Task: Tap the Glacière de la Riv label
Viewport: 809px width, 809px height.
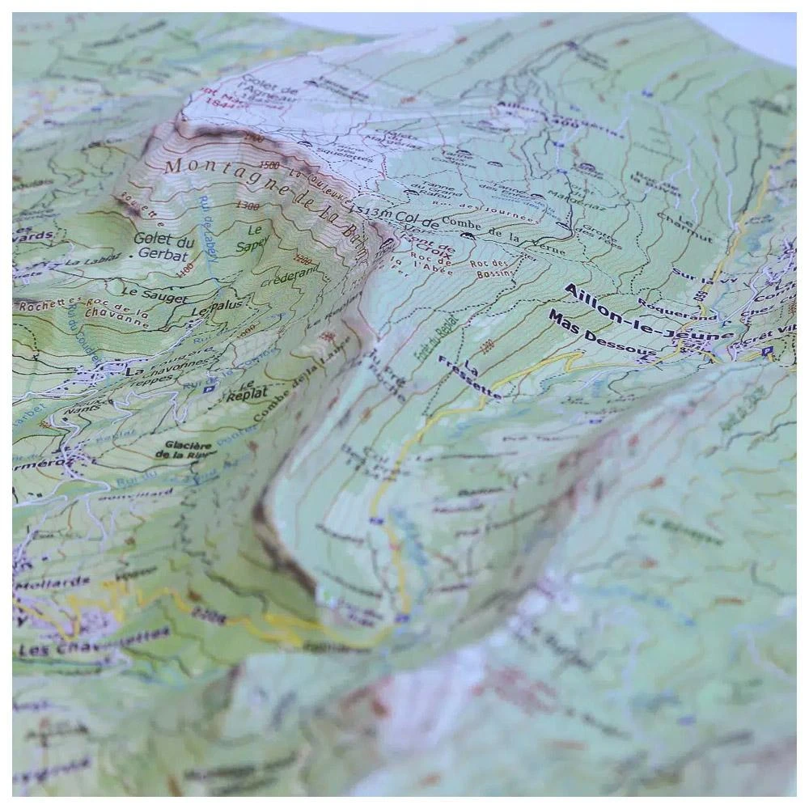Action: [x=188, y=450]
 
